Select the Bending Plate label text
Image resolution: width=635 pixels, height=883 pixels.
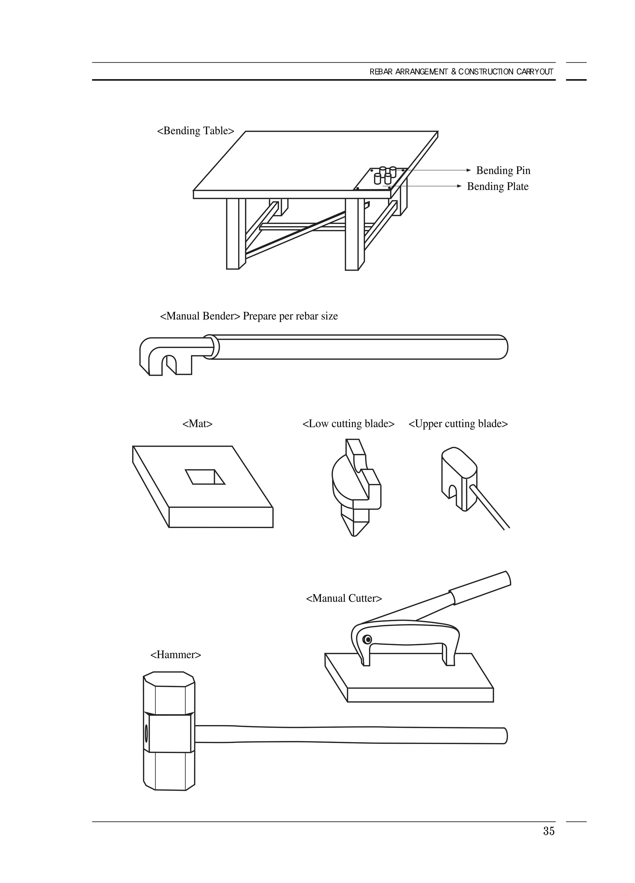tap(497, 186)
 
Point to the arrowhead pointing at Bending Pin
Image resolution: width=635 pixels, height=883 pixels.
tap(469, 170)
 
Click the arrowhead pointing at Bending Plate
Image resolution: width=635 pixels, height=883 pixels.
tap(459, 186)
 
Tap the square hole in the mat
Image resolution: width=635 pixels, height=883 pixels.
tap(205, 477)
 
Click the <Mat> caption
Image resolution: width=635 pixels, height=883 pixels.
tap(197, 424)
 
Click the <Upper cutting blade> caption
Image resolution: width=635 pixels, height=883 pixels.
tap(458, 424)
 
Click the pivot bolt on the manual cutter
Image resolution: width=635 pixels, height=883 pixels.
tap(367, 639)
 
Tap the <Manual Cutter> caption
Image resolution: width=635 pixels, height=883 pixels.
tap(344, 598)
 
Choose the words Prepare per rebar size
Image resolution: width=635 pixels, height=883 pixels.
tap(290, 316)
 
